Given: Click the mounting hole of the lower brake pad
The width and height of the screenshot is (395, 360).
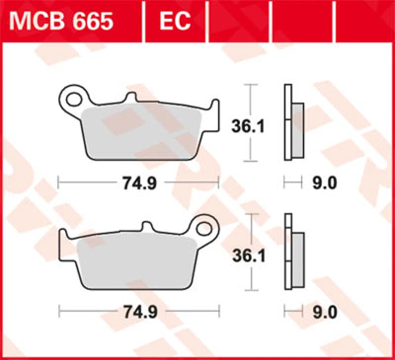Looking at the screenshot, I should (204, 228).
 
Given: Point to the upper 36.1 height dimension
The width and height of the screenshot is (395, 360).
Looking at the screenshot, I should (249, 127).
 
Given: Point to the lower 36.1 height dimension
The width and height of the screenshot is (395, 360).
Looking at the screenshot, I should (249, 255).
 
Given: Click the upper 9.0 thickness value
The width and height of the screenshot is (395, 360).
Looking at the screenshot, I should (324, 183).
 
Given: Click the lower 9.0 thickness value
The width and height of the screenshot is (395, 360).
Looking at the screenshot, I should (324, 312).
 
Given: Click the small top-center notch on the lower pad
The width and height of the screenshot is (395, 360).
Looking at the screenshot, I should (147, 227).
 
